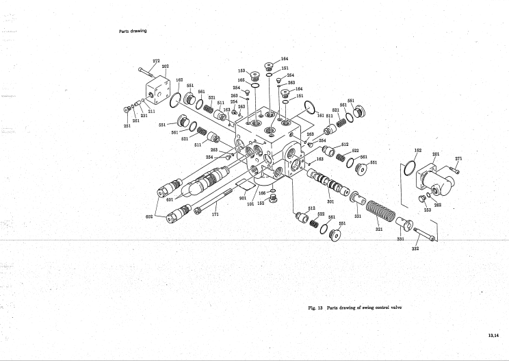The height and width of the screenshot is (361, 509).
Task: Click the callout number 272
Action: click(156, 61)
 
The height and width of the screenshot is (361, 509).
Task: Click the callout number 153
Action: click(242, 70)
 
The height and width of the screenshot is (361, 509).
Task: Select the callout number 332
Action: click(415, 248)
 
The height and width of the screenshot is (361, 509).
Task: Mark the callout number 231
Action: click(144, 116)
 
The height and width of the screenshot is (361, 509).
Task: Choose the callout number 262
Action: click(438, 204)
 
